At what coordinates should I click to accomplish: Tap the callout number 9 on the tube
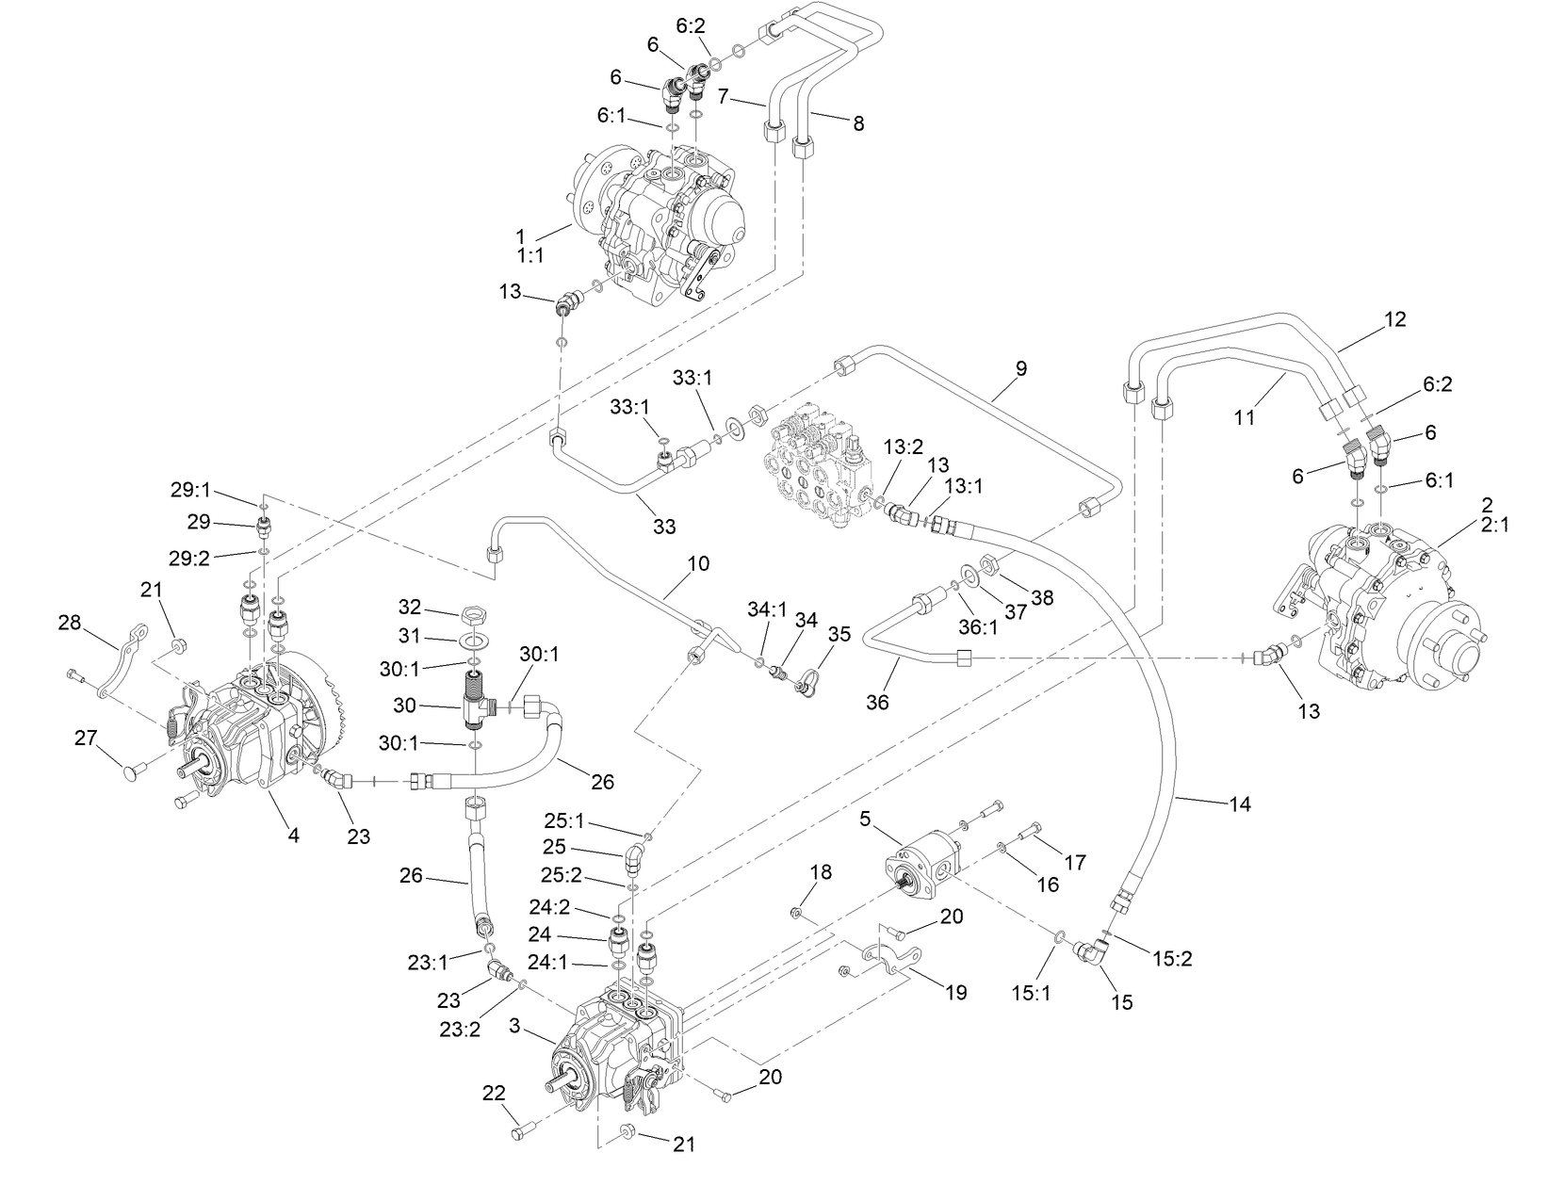coord(1020,369)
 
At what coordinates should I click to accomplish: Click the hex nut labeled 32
coord(474,615)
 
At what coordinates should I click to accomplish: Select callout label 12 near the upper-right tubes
coord(1394,319)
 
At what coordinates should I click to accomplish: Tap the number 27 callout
coord(87,739)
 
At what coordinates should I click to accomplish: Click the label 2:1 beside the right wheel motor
coord(1494,525)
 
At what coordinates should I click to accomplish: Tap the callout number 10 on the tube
coord(698,563)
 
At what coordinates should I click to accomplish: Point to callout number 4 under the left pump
coord(293,835)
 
